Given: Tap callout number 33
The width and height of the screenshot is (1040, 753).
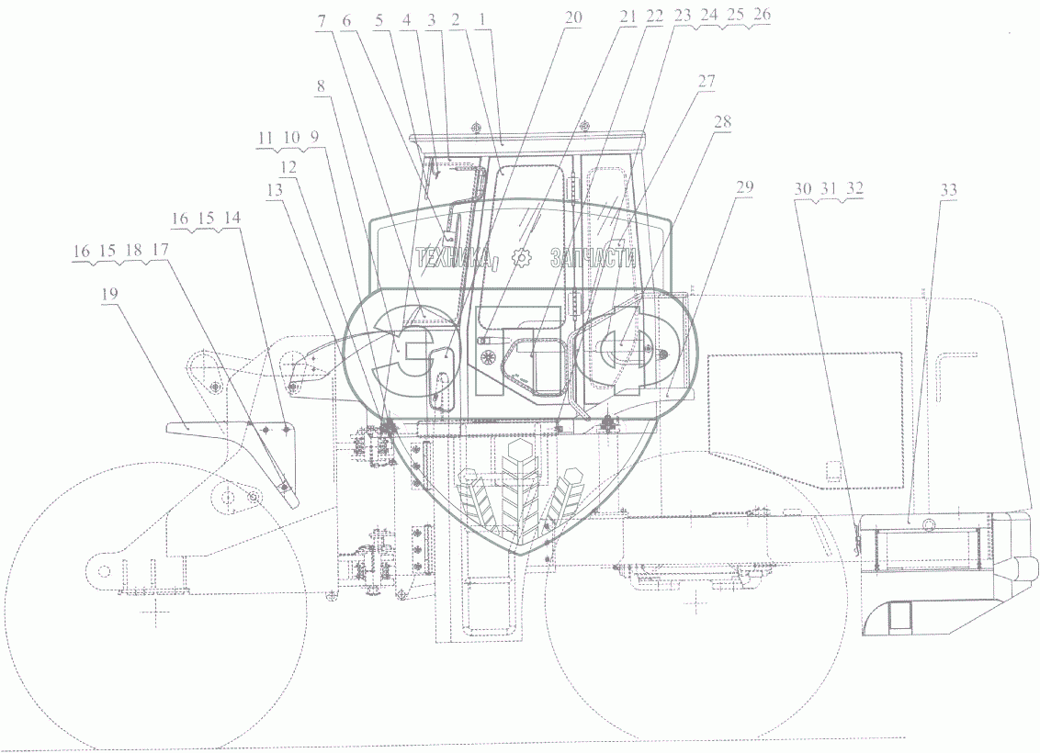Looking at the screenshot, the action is (948, 189).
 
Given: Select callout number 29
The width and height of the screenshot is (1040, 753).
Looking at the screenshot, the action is (744, 186).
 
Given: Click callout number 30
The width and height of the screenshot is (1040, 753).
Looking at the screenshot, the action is (802, 188).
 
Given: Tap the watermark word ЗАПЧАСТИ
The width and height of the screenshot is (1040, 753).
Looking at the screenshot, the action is (594, 260).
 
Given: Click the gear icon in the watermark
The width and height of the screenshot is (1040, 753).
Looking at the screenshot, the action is (525, 260).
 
